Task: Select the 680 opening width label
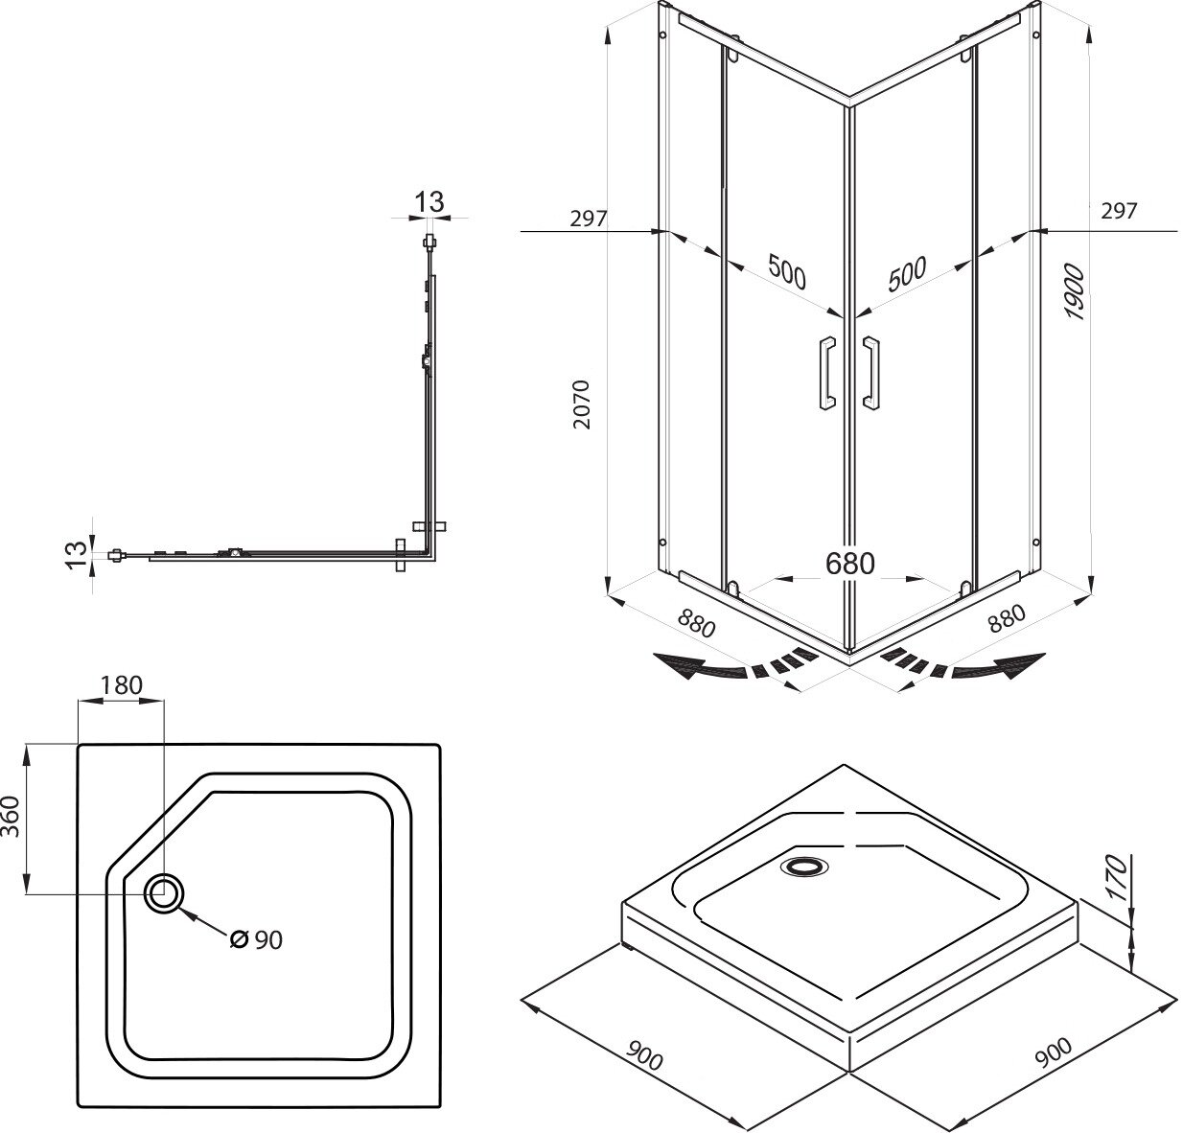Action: coord(849,564)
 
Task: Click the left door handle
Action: coord(823,374)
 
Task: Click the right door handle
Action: coord(871,374)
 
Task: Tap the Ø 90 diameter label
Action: coord(257,940)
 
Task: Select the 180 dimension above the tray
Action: coord(121,684)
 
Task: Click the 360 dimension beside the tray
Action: coord(12,817)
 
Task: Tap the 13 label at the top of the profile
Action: coord(429,201)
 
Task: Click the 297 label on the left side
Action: coord(588,218)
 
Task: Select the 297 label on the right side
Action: coord(1119,210)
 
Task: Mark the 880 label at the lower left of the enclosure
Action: coord(697,624)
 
